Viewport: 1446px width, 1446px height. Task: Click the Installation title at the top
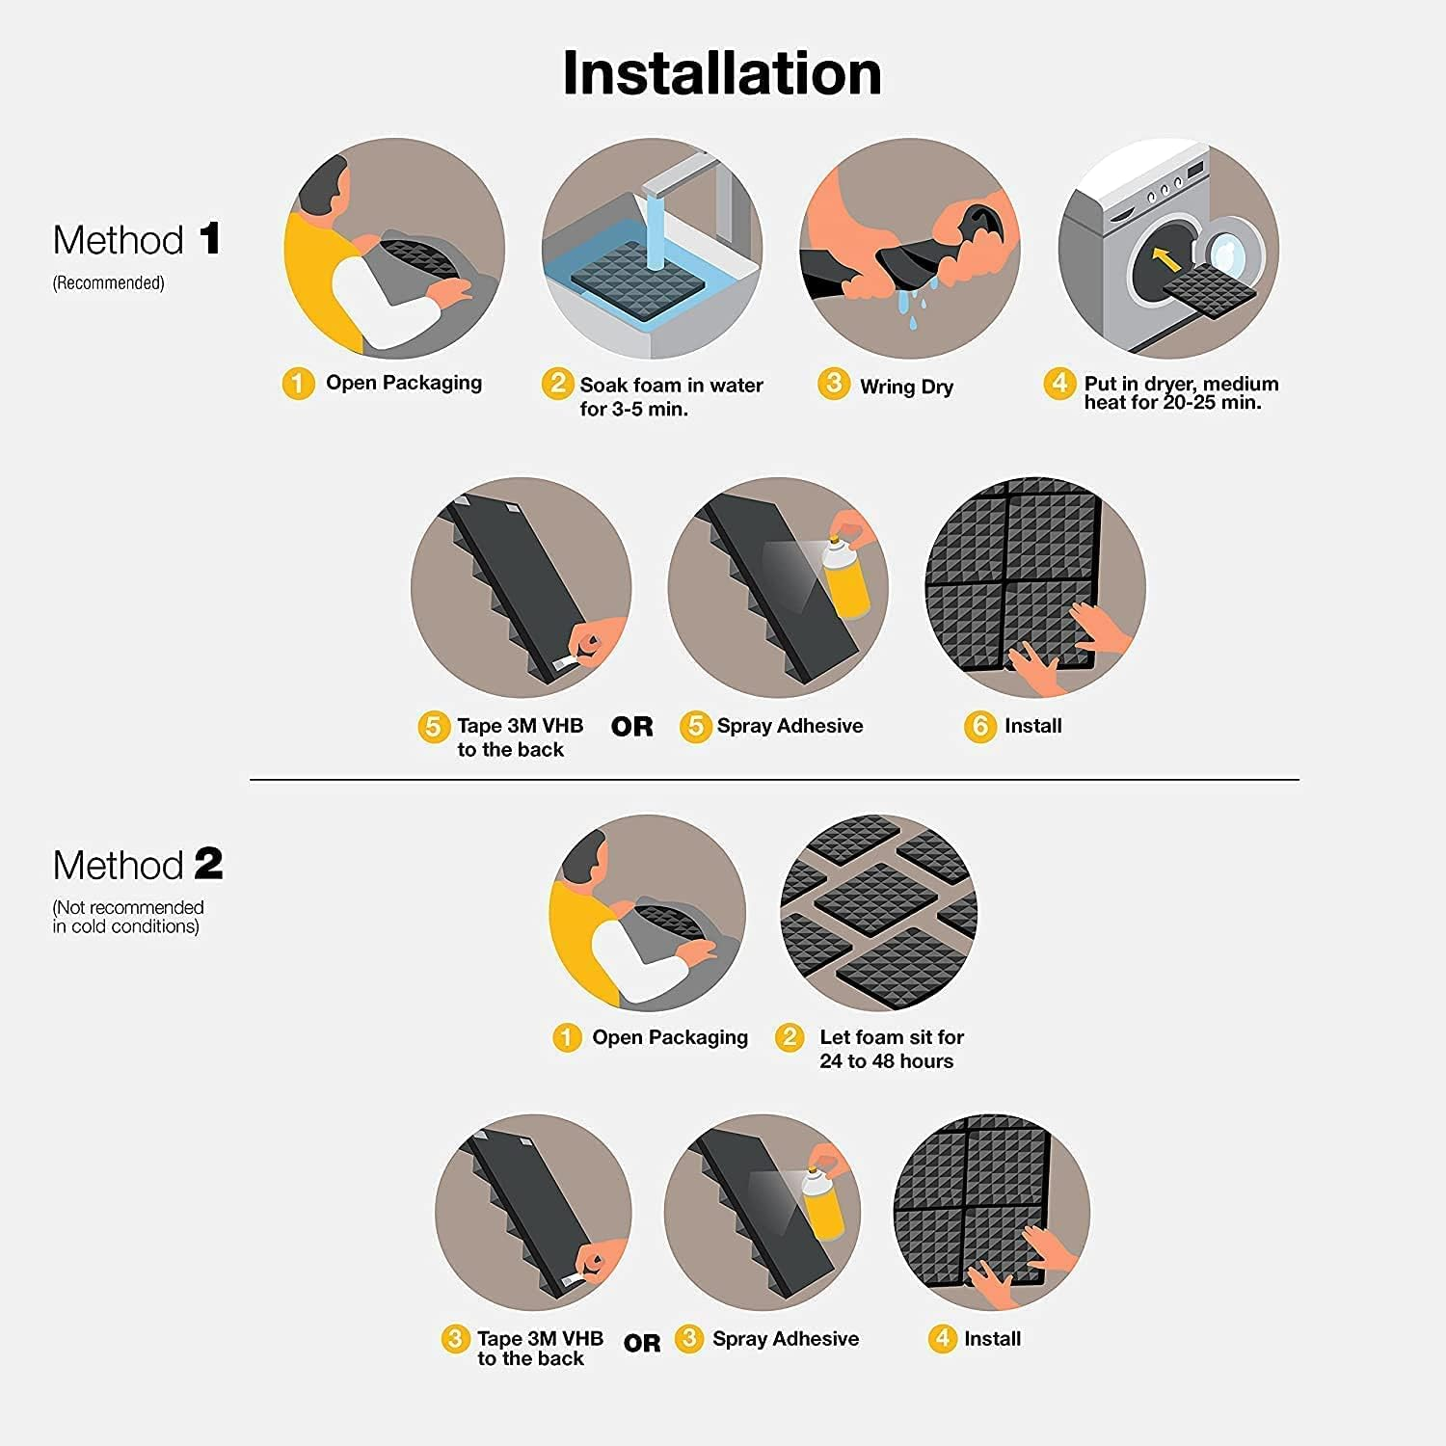721,73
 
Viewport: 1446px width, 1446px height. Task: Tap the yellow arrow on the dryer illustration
1165,258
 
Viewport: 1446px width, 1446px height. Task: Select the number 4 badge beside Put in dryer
1058,384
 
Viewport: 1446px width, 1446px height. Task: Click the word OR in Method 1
631,727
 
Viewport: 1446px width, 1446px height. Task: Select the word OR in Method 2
642,1343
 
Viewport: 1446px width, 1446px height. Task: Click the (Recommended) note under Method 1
108,283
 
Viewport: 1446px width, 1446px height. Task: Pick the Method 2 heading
137,865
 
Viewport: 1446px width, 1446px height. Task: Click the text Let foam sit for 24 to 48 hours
891,1049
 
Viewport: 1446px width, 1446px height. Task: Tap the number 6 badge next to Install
979,726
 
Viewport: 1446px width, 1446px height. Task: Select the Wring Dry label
906,387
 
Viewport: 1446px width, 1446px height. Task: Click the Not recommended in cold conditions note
127,917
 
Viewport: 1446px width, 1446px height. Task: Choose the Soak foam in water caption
671,396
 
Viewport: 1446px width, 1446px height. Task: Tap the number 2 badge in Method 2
790,1037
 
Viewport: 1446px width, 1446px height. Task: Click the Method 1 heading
137,240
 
